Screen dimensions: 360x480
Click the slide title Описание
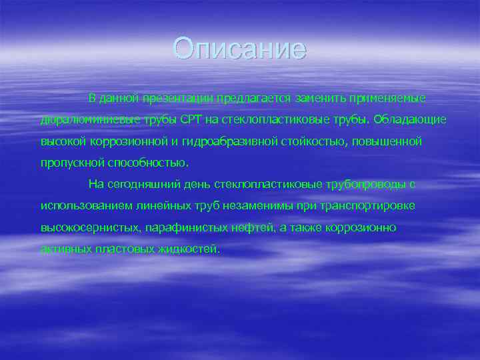point(239,49)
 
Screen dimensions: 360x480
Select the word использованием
point(84,206)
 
